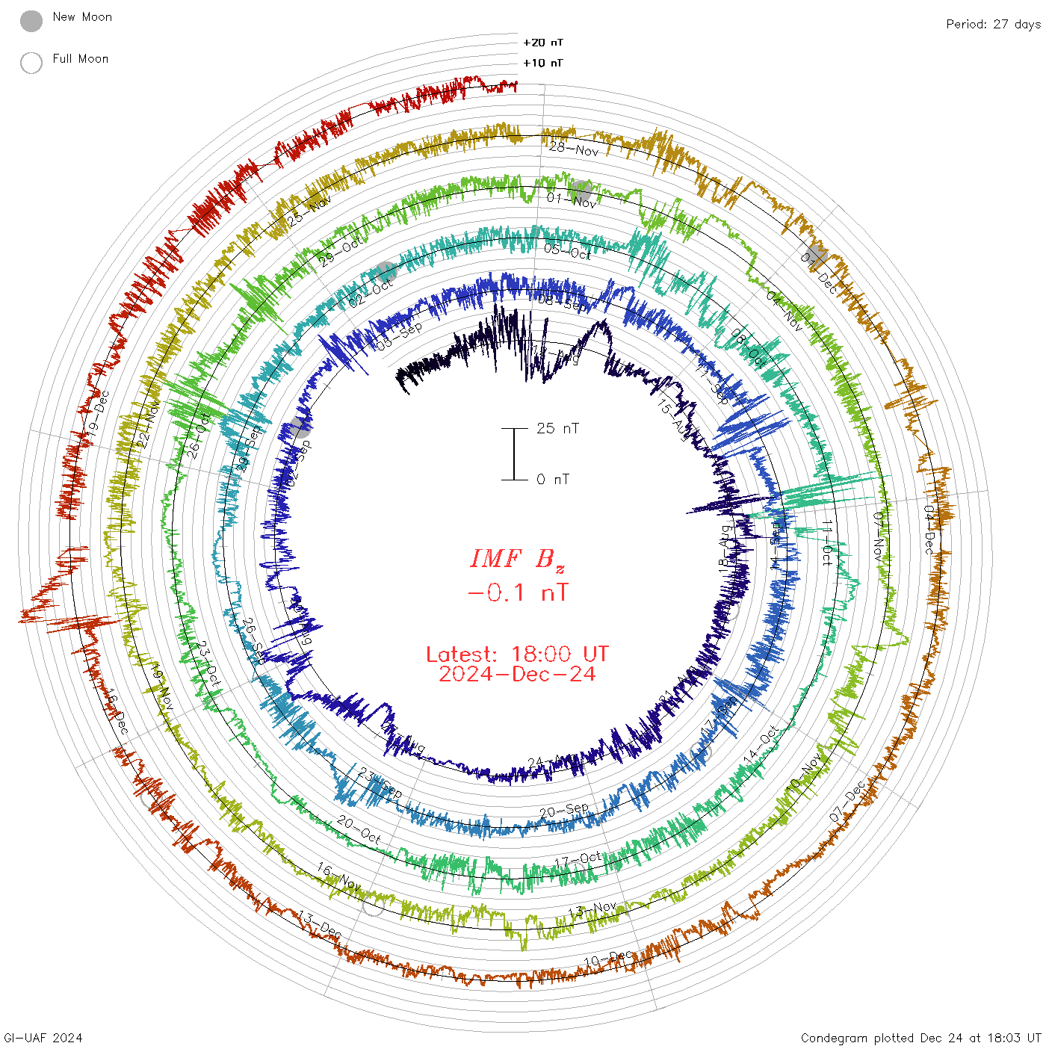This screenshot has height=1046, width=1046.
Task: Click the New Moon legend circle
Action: pos(31,21)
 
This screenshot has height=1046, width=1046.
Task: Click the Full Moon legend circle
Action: pos(31,63)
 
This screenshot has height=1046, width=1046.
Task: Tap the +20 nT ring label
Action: pos(543,43)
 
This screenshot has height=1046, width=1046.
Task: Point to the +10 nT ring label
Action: pos(543,63)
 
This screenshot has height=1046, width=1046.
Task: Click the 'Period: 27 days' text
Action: pos(993,24)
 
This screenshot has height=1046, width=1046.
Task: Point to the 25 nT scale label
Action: pos(557,428)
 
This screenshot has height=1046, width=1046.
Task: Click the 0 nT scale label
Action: pos(553,479)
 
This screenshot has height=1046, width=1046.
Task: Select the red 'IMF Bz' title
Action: pos(517,559)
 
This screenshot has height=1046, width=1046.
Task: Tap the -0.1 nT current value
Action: pos(517,593)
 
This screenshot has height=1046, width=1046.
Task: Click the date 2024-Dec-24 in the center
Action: pos(517,674)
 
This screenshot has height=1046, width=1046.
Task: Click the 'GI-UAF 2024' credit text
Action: pos(43,1038)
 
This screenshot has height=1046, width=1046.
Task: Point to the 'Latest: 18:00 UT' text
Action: pos(517,654)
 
